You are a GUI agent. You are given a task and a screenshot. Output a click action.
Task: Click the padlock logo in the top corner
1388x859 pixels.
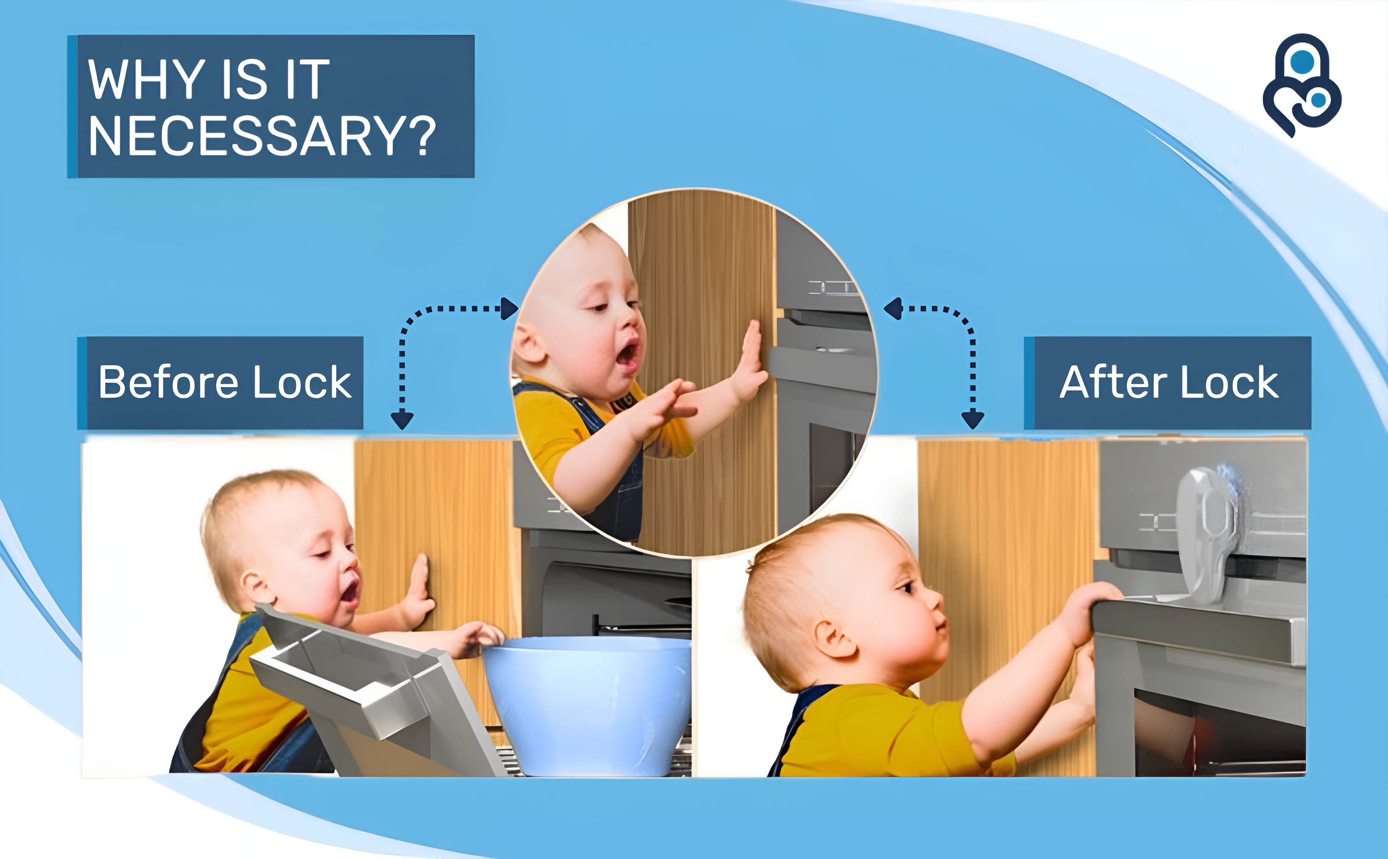coord(1301,85)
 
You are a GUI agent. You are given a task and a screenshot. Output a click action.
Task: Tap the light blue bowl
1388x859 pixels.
coord(588,704)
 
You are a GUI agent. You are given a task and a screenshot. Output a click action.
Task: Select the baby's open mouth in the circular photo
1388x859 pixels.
coord(628,355)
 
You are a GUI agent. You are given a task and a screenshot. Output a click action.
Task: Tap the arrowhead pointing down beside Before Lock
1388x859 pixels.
coord(402,420)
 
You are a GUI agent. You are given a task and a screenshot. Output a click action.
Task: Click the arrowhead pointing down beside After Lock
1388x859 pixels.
coord(973,420)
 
